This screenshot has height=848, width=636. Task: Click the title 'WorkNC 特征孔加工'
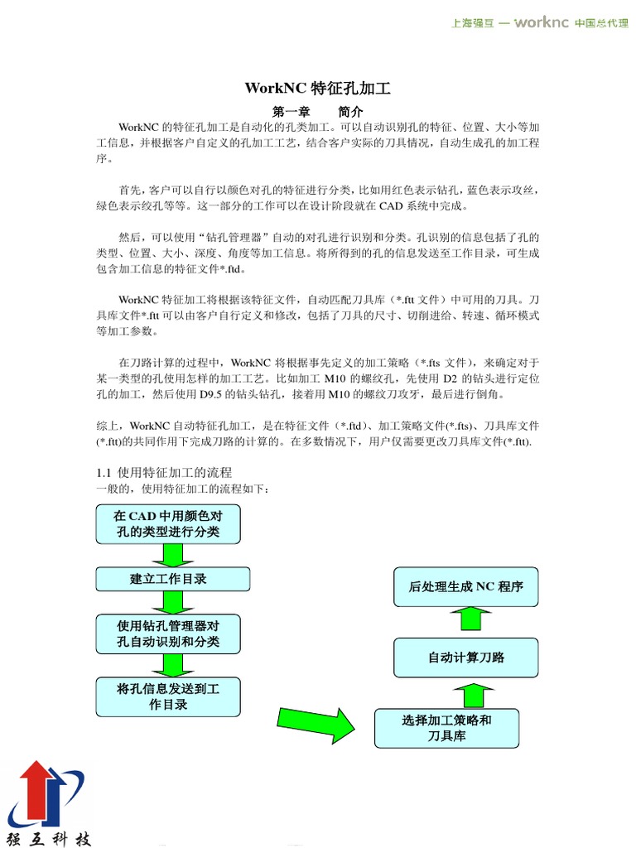click(x=317, y=89)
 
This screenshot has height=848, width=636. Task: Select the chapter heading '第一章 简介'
click(x=317, y=112)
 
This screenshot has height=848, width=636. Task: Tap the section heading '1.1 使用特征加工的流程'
click(x=165, y=472)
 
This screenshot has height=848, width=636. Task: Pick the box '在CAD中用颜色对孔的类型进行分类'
click(x=168, y=524)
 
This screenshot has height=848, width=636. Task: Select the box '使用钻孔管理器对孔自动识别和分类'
click(x=168, y=634)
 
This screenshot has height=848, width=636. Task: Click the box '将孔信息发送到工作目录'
click(x=168, y=696)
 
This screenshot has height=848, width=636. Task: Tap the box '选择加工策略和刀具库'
click(x=446, y=728)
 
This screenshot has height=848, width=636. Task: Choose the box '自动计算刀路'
click(x=465, y=658)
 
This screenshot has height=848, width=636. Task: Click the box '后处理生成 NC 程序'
click(x=465, y=587)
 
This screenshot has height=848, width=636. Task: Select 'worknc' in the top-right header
click(x=541, y=22)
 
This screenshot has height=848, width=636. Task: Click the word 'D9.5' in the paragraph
click(x=212, y=394)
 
